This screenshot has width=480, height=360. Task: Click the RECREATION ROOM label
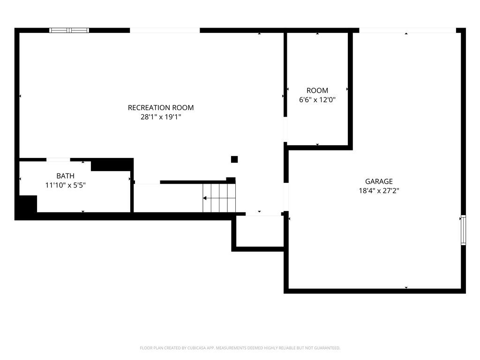(161, 108)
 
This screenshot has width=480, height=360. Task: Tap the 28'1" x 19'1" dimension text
(161, 117)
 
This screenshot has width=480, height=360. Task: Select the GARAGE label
(379, 181)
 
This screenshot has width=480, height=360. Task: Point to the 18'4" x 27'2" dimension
(379, 191)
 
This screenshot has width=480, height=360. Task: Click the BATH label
(65, 176)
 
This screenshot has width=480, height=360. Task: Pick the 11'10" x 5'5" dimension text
(65, 185)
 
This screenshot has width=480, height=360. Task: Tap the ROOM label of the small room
(317, 90)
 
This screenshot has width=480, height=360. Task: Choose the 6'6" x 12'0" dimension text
(317, 99)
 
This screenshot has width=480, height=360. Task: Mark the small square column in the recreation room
(234, 159)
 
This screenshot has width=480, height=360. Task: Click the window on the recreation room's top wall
(69, 30)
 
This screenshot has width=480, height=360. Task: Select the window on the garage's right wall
(464, 230)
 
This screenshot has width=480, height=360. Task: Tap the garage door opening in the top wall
(407, 30)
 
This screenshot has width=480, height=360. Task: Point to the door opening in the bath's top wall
(58, 159)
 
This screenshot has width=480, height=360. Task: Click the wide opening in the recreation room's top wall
(165, 30)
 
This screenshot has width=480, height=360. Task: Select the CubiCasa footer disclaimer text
(240, 348)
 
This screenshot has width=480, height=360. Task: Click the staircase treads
(219, 198)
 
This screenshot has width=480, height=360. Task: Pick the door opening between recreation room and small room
(285, 129)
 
